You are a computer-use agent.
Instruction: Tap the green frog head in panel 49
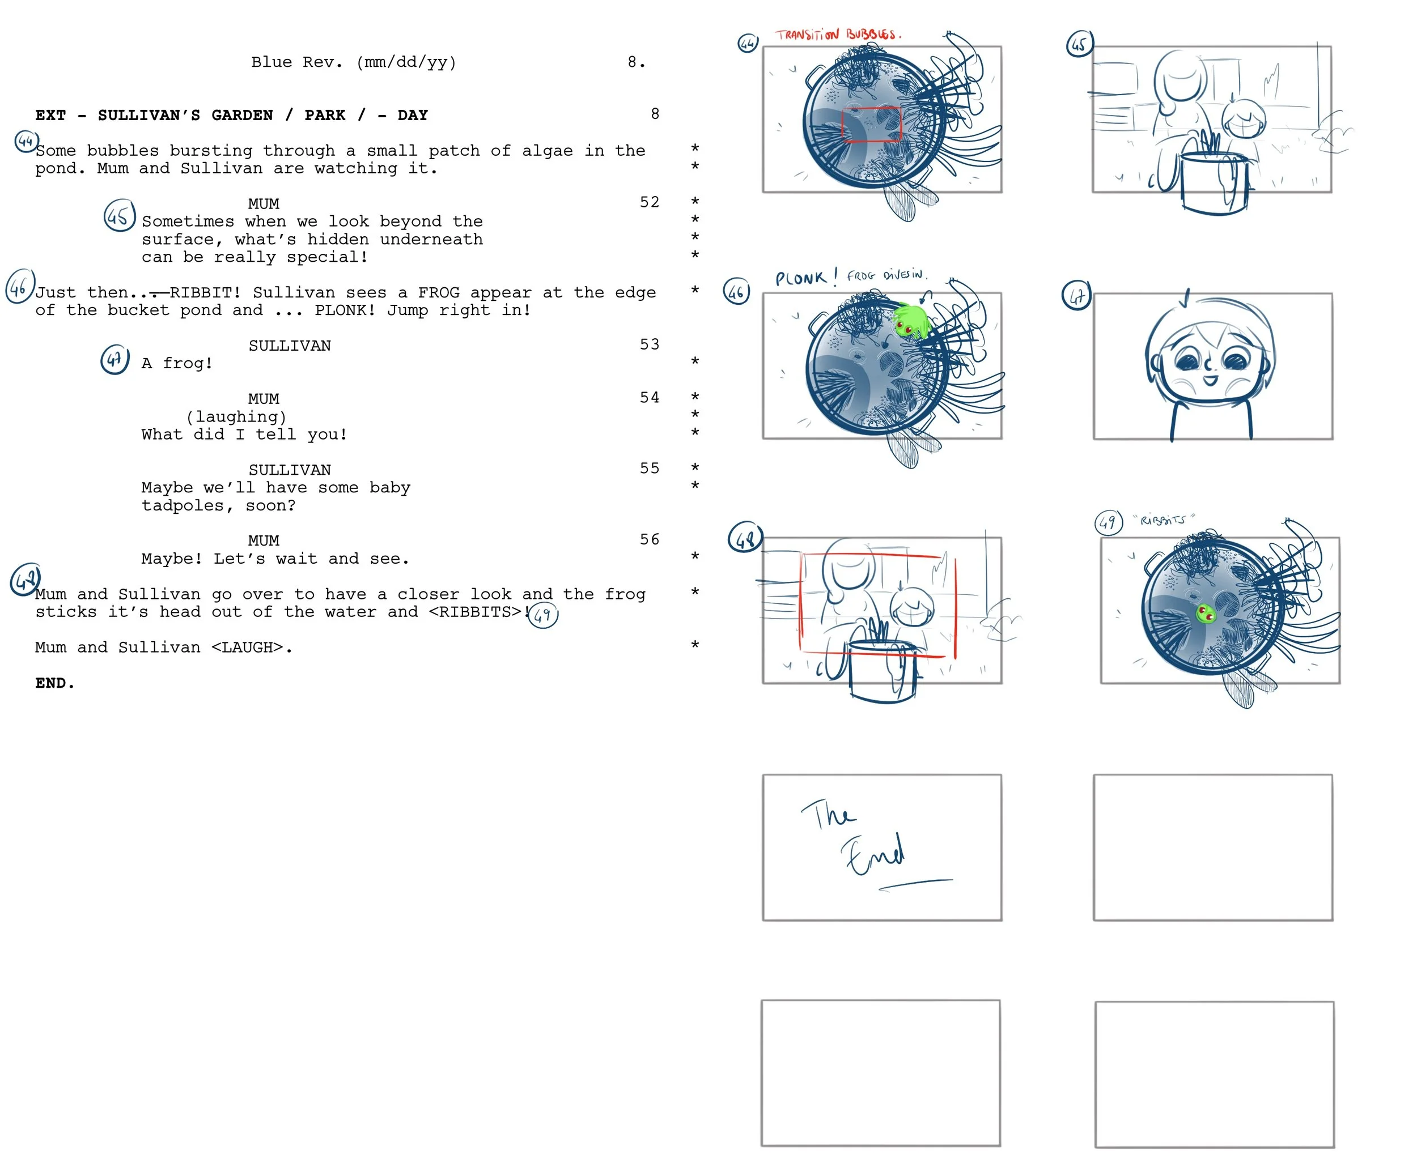1205,613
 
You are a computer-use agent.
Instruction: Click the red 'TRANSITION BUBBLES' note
837,35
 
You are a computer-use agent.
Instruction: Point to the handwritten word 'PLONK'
801,278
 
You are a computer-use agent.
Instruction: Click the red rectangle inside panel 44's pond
871,124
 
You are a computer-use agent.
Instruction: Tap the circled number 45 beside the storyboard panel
1079,45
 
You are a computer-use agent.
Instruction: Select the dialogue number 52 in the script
649,202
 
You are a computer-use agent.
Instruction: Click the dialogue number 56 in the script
649,540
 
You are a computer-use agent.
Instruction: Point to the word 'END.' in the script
54,683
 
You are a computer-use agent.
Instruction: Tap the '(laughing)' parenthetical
236,417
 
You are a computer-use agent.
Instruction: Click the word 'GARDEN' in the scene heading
242,116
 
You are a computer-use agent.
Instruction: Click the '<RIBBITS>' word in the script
475,612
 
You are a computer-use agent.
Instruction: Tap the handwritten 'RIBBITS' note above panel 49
1163,520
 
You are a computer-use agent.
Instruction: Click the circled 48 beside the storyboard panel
745,538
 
